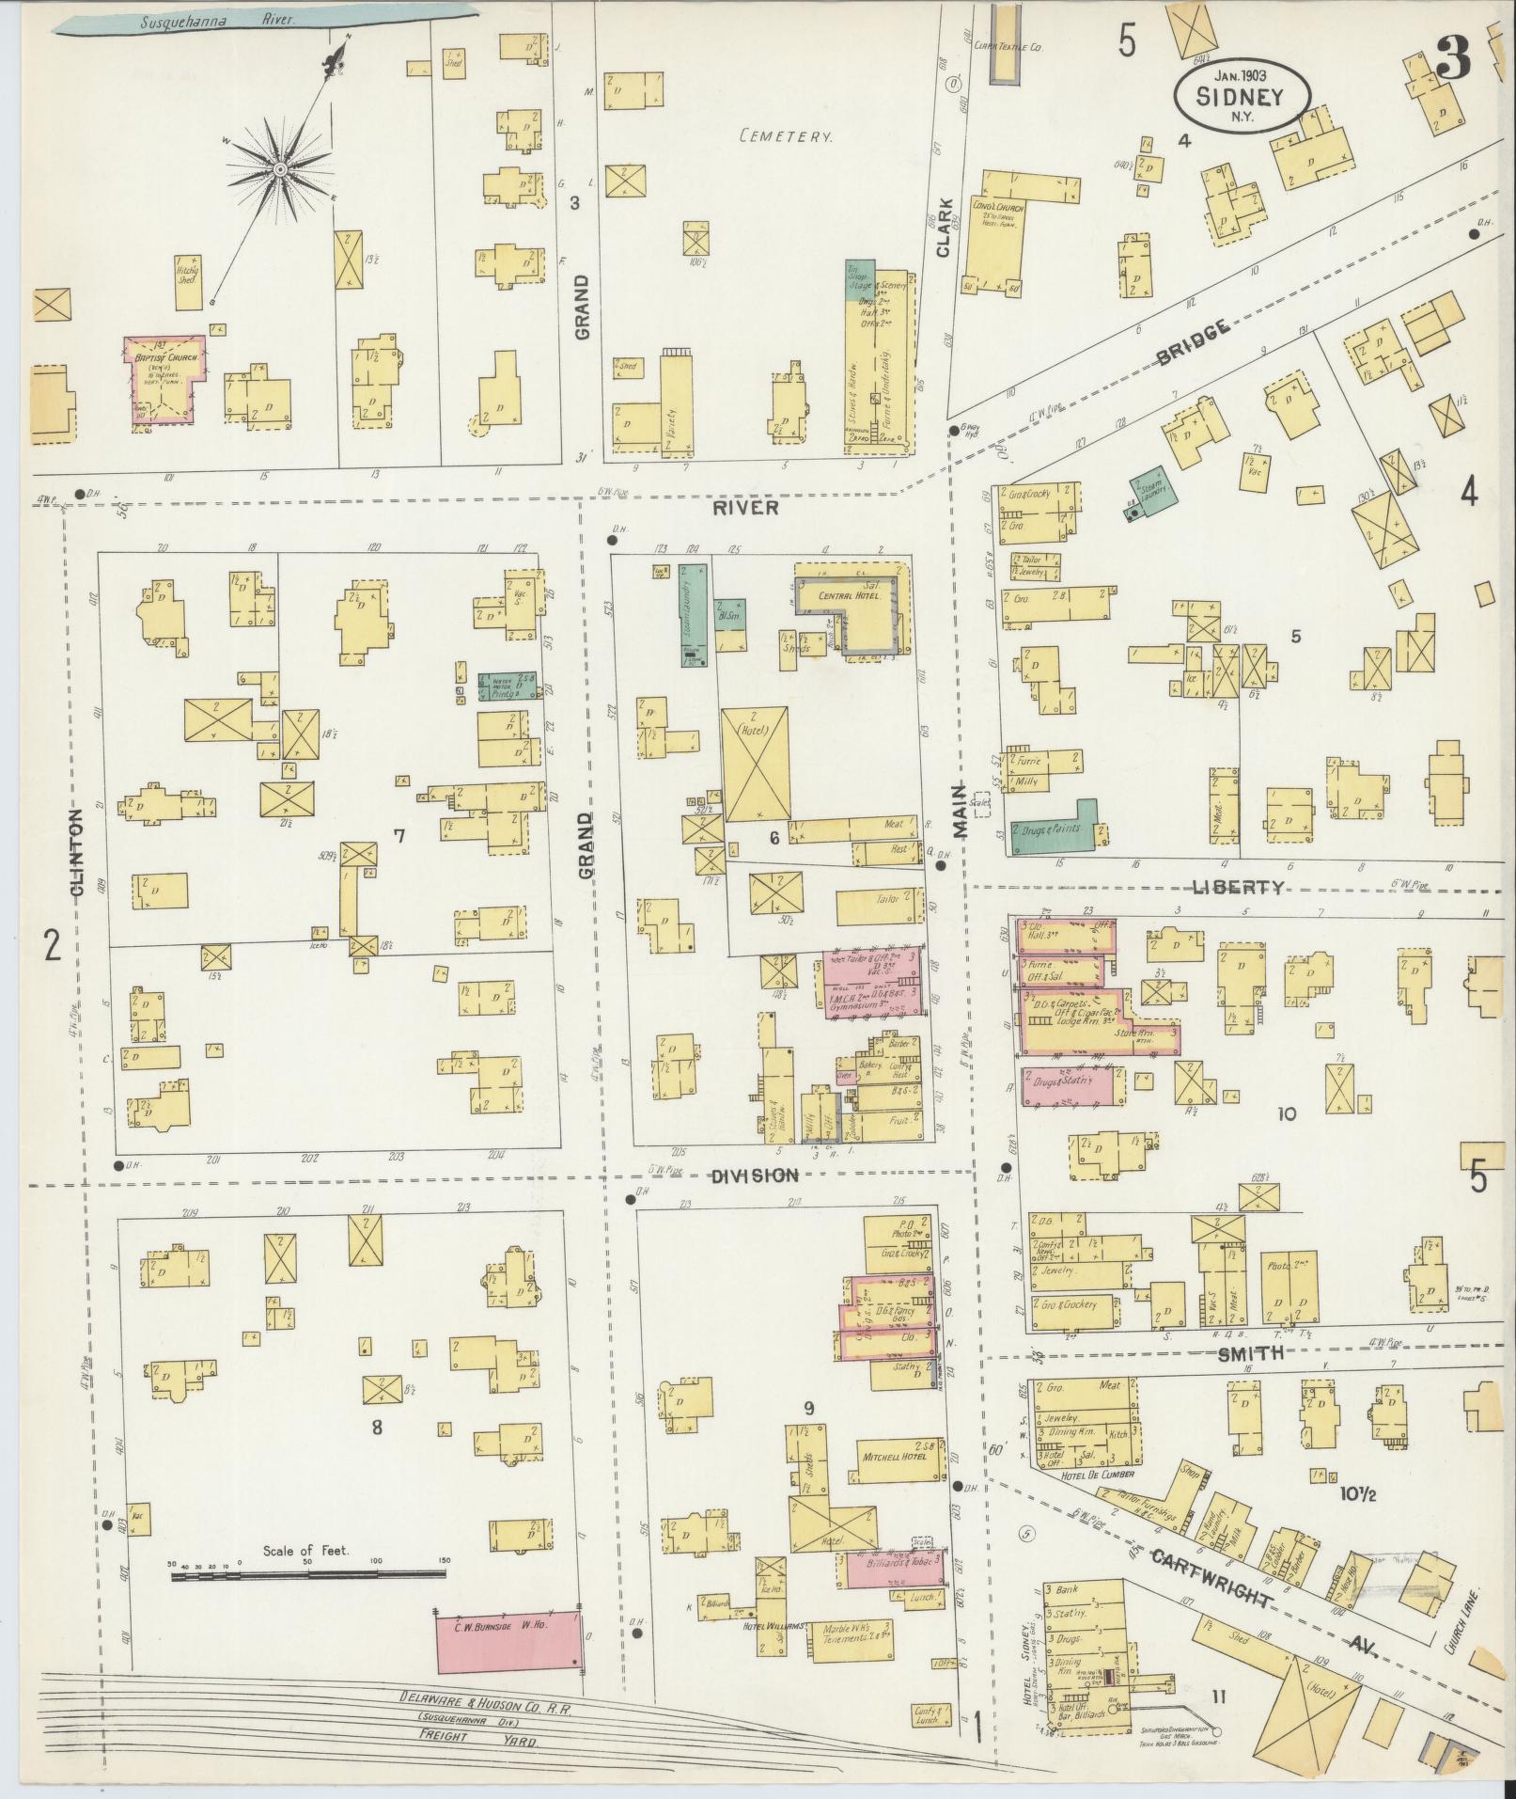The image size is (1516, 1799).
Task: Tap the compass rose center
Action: coord(279,169)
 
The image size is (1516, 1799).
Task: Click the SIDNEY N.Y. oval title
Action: coord(1242,96)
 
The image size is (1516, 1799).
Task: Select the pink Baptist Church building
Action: coord(165,378)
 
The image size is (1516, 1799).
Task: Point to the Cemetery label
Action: coord(786,136)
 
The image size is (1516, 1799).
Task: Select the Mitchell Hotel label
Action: coord(893,1456)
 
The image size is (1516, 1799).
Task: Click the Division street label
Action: coord(754,1176)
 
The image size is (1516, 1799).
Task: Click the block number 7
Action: coord(399,834)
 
